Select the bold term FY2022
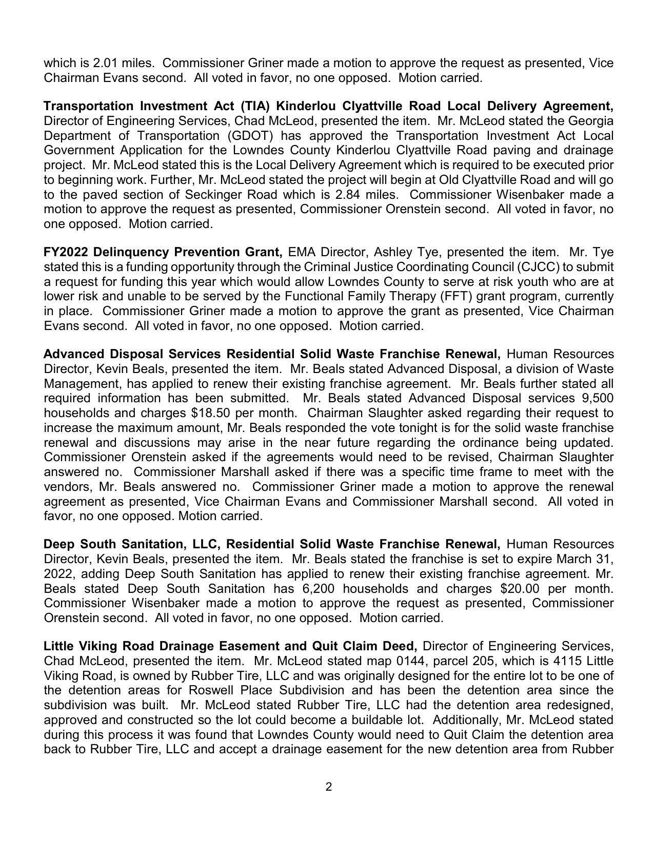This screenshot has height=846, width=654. pyautogui.click(x=66, y=252)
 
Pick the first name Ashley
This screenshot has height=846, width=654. pyautogui.click(x=391, y=252)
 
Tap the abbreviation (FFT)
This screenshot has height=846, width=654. pyautogui.click(x=455, y=296)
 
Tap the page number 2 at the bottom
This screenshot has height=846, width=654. pyautogui.click(x=328, y=787)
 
